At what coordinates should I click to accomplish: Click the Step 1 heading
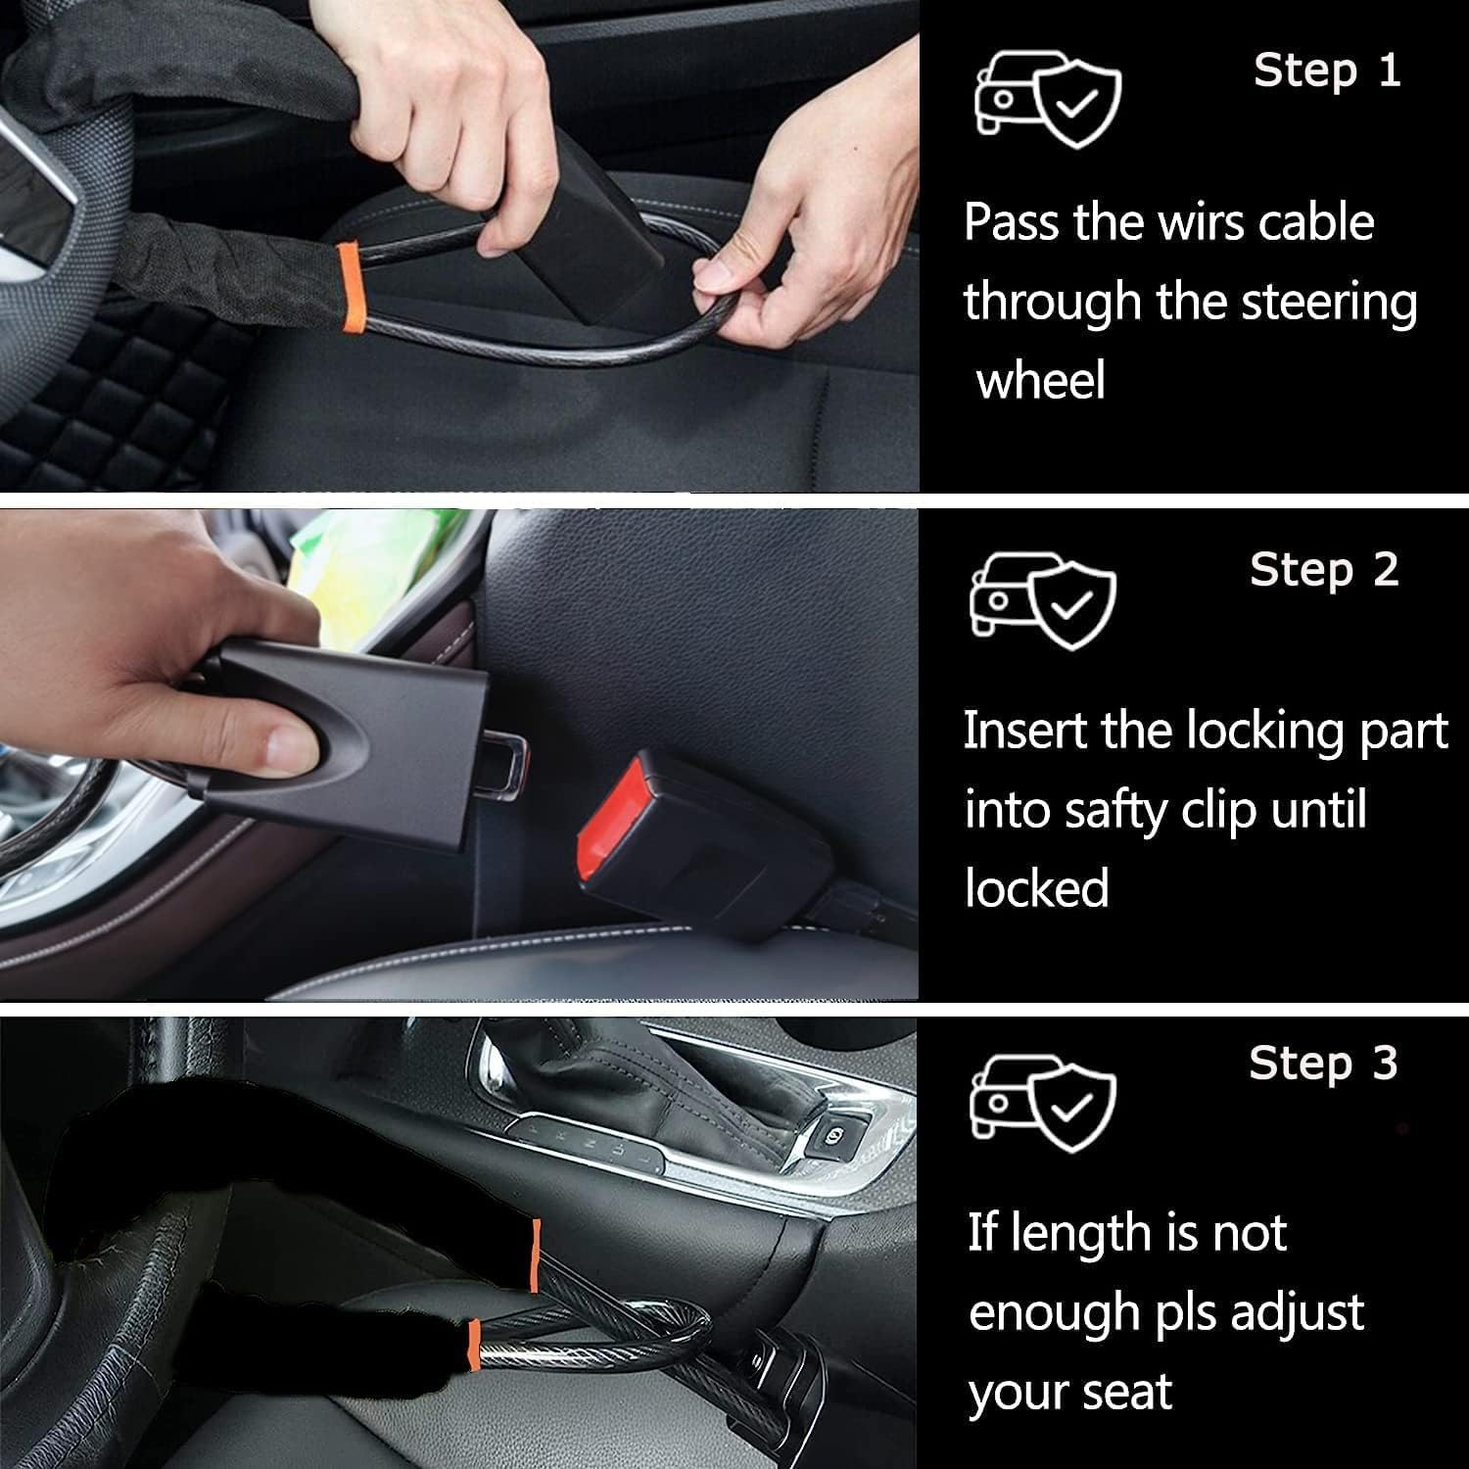click(x=1326, y=71)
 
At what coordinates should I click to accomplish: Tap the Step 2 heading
click(x=1323, y=570)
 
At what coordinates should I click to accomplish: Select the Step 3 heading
click(x=1322, y=1064)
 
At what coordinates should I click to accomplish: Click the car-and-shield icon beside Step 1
click(x=1047, y=98)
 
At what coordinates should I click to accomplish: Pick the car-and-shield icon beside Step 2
click(x=1043, y=599)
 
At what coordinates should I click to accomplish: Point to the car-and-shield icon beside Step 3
click(x=1043, y=1102)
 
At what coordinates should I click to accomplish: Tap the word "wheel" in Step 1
click(x=1040, y=380)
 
